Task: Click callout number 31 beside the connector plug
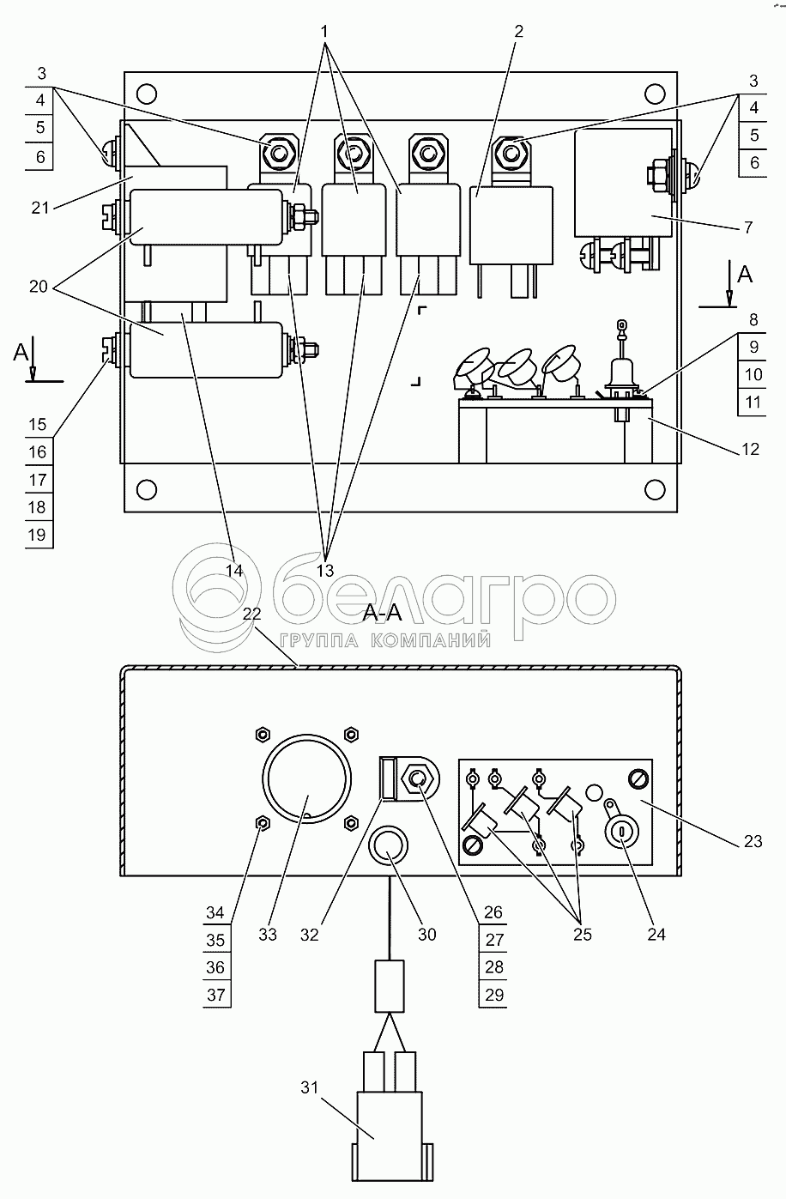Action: click(309, 1087)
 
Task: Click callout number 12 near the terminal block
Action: click(749, 449)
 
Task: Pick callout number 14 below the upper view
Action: click(234, 569)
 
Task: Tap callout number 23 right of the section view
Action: click(753, 842)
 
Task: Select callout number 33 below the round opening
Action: click(268, 935)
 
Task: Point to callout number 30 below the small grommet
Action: click(426, 935)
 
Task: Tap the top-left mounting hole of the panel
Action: click(147, 93)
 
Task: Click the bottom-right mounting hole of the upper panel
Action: click(654, 490)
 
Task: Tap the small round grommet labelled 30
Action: click(388, 845)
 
